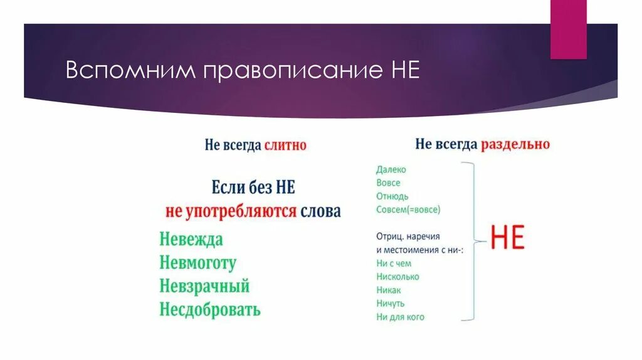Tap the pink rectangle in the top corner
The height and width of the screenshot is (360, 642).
pos(568,29)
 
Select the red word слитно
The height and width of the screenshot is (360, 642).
pos(285,146)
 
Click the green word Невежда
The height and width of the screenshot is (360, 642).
pos(191,240)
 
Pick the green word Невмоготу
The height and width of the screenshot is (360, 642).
pos(197,263)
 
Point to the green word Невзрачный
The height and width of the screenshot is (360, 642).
pos(204,286)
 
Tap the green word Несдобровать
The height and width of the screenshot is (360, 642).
pos(210,309)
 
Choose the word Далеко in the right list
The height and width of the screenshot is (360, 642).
pos(391,169)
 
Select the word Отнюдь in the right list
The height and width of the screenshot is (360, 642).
pos(392,196)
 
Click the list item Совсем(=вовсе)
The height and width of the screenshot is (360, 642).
pos(408,209)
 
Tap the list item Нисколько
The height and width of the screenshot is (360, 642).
pos(398,277)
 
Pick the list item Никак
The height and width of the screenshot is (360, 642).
pos(389,290)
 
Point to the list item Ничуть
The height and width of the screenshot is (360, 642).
pos(390,304)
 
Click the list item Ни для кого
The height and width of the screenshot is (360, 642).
pos(400,317)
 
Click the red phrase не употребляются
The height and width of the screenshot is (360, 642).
pos(231,211)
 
